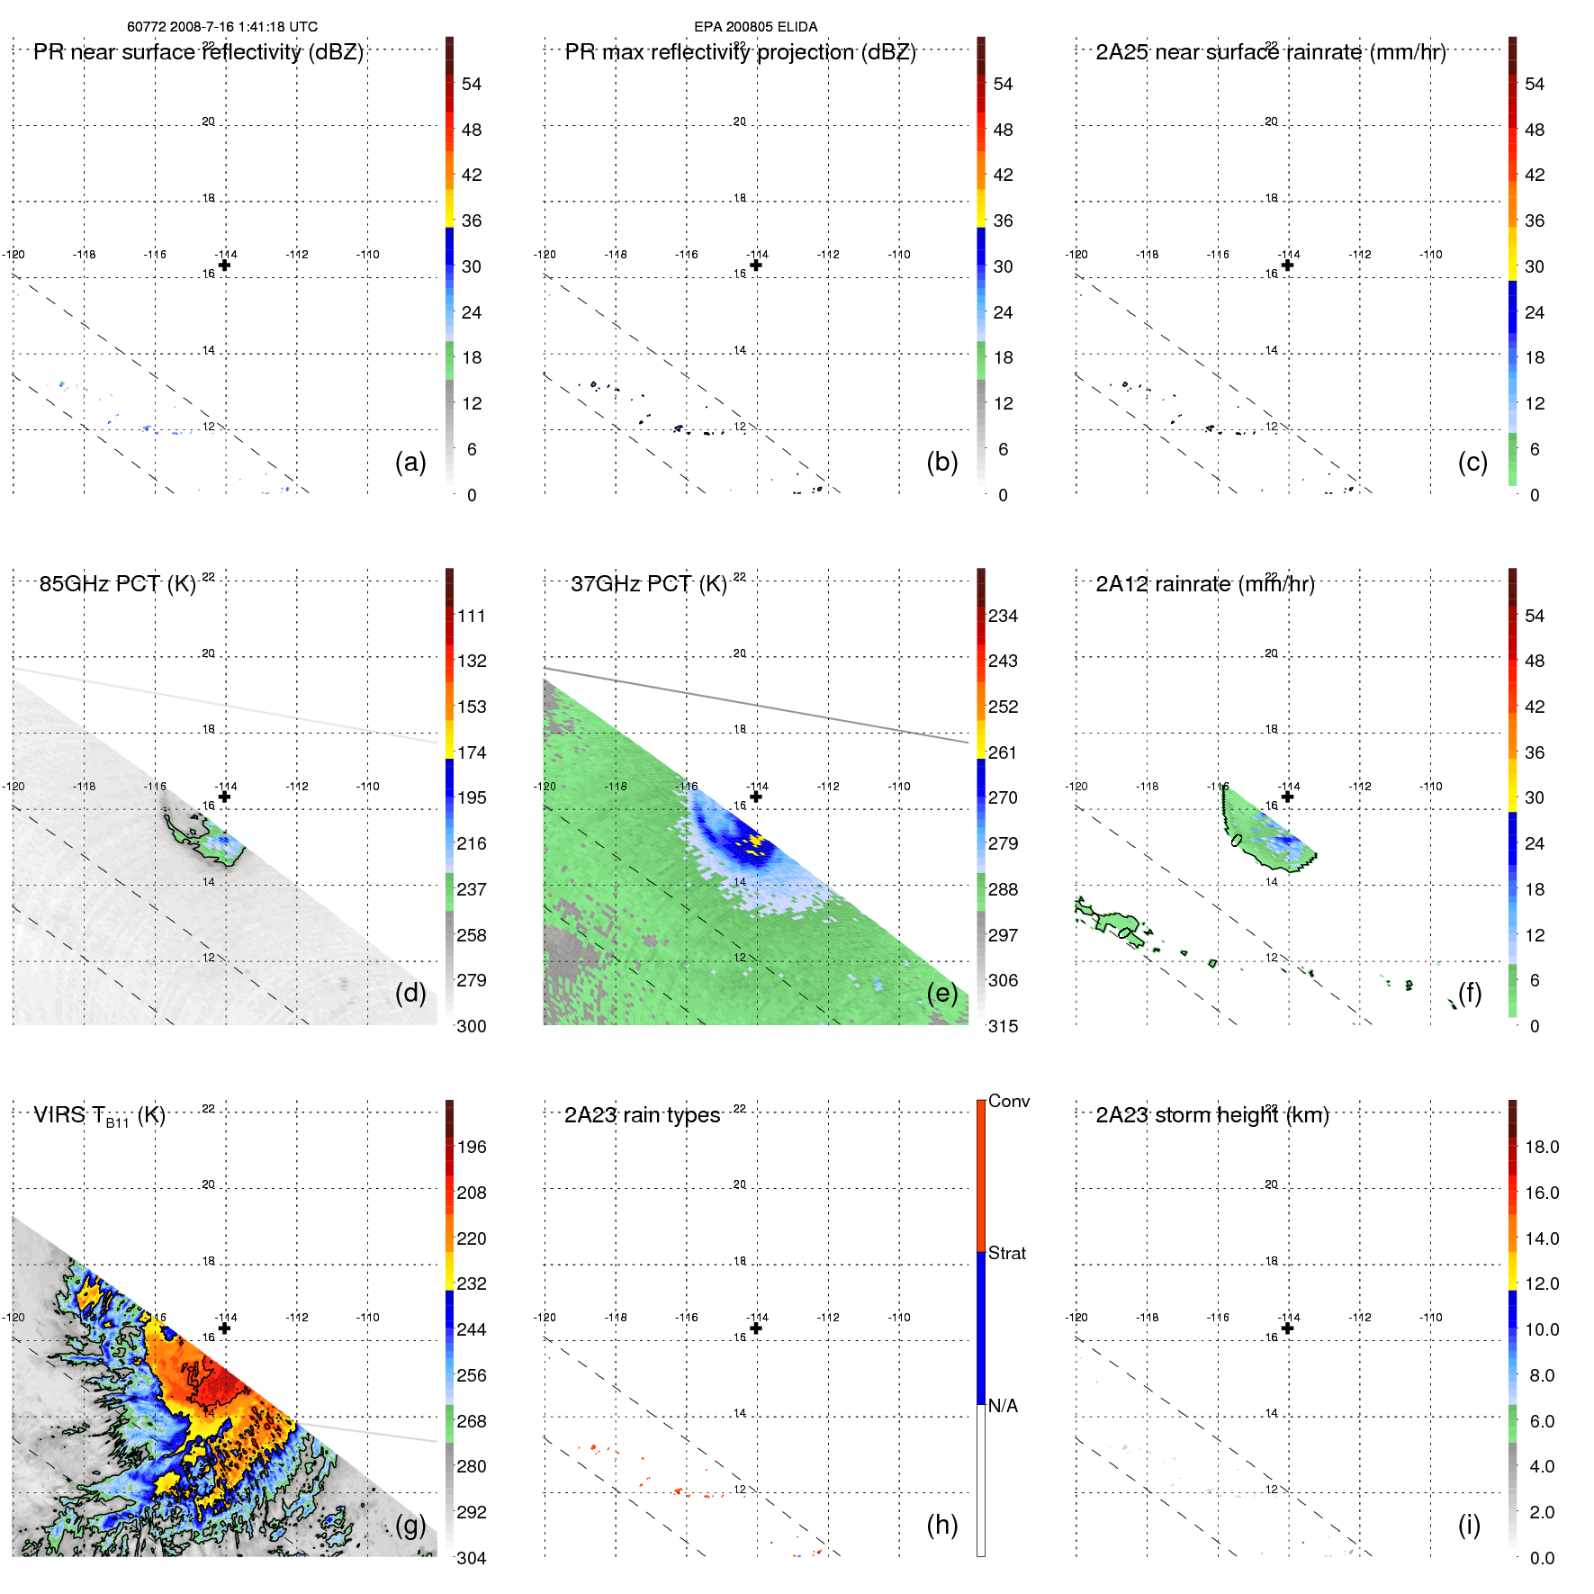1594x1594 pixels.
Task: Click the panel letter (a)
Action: click(410, 462)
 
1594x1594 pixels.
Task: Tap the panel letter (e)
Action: click(941, 993)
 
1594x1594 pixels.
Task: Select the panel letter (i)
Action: click(1469, 1525)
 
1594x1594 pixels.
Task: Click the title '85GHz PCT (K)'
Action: click(117, 583)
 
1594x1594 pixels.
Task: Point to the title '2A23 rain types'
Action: click(642, 1115)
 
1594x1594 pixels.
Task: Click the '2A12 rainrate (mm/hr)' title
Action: click(1204, 583)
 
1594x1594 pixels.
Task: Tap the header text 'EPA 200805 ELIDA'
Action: click(755, 27)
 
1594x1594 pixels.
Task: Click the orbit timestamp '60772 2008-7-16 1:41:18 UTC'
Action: click(222, 27)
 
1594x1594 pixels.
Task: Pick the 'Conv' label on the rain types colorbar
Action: click(1008, 1101)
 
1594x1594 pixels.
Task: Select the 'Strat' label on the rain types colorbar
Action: click(1006, 1253)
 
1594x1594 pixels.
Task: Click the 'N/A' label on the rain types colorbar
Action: click(1003, 1406)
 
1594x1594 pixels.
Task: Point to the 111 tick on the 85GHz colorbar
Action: click(472, 616)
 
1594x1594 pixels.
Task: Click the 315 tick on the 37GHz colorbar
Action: click(1003, 1026)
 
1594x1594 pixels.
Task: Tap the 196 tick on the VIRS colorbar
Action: click(472, 1147)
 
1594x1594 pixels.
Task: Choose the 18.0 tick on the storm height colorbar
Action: click(1542, 1147)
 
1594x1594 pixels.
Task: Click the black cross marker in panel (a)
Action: click(224, 265)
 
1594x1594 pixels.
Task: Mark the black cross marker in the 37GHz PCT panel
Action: click(756, 797)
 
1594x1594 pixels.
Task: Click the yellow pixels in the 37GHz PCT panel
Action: click(753, 842)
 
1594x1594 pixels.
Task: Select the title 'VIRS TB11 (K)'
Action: click(99, 1116)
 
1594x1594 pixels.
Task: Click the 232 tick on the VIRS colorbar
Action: click(472, 1283)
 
